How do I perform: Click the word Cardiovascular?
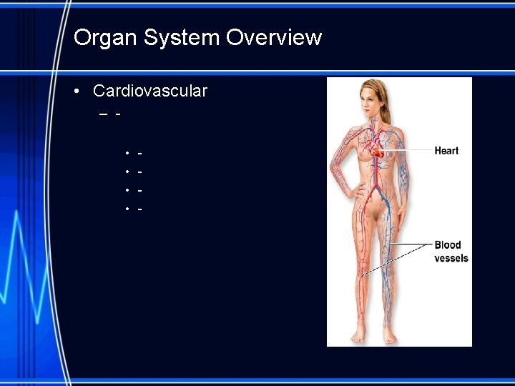coord(150,91)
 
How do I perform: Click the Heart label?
coord(446,151)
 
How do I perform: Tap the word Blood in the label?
coord(448,245)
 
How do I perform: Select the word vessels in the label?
coord(451,258)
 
